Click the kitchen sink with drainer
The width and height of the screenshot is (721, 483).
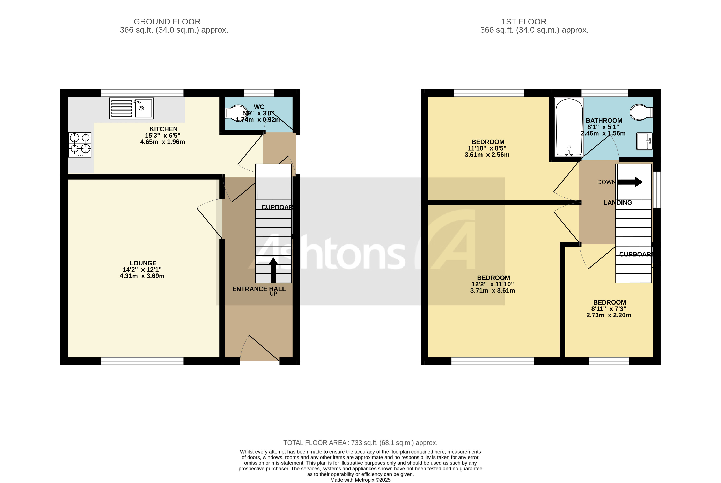132,108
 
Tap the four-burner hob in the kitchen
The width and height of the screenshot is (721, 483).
80,145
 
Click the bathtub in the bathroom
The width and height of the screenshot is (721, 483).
569,127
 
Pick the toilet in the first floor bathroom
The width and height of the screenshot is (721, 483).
641,112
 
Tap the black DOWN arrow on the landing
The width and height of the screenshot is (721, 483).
630,182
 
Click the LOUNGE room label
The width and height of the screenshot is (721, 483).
143,263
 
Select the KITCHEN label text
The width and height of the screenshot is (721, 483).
163,129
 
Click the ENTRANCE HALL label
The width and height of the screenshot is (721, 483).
259,289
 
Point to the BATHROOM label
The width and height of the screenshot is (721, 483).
604,121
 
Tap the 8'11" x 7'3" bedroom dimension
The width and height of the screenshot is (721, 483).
608,309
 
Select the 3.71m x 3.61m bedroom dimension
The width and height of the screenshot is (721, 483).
492,291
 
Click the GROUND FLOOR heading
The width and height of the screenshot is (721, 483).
167,22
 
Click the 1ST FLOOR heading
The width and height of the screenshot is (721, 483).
524,22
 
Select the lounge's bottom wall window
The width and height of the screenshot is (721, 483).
142,361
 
